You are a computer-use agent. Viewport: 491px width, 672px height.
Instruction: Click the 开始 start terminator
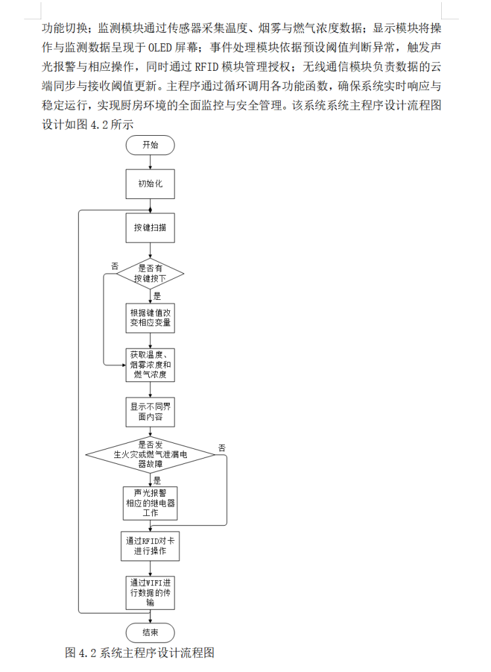(150, 145)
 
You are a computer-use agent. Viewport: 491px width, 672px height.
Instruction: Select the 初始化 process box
(150, 184)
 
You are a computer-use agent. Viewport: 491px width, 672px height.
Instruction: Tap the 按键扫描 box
(150, 228)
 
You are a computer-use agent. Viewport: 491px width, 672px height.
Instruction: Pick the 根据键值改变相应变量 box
(151, 317)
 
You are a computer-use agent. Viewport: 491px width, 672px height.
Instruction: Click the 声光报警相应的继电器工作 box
(151, 503)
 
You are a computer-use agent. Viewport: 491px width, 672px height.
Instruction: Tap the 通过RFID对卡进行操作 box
(151, 546)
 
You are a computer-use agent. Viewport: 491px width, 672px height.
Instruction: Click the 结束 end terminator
(150, 633)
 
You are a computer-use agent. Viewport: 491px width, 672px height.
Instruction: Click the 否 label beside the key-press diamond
(115, 266)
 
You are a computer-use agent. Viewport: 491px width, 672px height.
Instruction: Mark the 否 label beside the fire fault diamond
(222, 448)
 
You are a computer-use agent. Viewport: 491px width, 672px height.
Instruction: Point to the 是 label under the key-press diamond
(157, 296)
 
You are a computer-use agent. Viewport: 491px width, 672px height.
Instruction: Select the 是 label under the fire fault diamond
(157, 480)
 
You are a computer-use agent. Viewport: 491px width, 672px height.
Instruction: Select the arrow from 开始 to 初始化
(151, 162)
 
